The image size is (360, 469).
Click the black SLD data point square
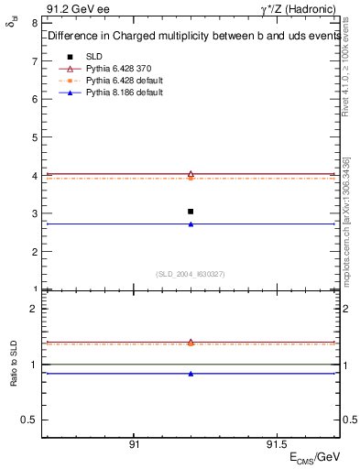click(x=191, y=212)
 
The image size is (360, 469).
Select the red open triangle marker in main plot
click(x=191, y=173)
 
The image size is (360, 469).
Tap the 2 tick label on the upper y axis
click(x=34, y=252)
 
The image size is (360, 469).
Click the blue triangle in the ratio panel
click(x=191, y=374)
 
